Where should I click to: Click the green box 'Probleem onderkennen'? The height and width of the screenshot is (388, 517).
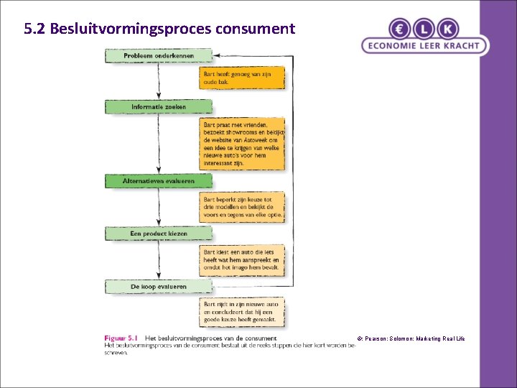[159, 55]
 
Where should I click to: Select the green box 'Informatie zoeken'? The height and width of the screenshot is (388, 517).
[159, 107]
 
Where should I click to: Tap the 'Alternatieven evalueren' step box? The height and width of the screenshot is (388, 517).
[159, 181]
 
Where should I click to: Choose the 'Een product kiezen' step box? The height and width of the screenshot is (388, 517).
[159, 234]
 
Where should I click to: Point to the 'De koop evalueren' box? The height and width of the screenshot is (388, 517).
[159, 287]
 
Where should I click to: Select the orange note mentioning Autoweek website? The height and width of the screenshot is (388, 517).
[243, 143]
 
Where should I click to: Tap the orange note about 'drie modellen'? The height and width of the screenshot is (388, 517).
[243, 207]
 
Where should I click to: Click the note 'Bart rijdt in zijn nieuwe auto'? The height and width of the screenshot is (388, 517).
[241, 314]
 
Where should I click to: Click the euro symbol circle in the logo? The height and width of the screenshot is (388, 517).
[400, 29]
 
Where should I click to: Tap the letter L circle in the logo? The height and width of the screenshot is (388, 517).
[424, 29]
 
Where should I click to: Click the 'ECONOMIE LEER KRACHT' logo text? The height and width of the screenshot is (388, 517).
[424, 46]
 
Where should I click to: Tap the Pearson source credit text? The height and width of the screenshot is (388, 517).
[411, 338]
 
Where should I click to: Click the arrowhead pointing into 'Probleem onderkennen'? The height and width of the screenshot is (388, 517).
[218, 55]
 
